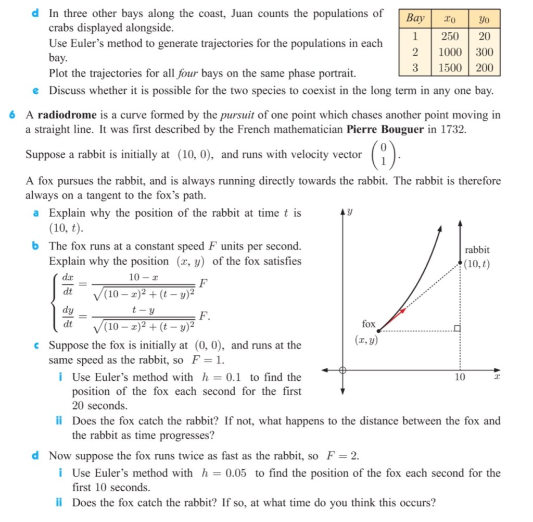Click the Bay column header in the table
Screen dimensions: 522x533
(x=415, y=19)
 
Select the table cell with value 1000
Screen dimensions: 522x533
(x=450, y=52)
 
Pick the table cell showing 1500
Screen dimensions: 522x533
(x=450, y=67)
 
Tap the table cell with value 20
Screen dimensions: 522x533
(x=484, y=36)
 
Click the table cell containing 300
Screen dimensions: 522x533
(x=484, y=52)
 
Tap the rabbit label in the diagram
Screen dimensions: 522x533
(x=477, y=250)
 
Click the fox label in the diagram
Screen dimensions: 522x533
(x=369, y=324)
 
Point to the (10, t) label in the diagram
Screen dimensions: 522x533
(x=477, y=264)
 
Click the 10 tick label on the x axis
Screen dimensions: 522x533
(x=460, y=377)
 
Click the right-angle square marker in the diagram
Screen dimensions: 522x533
(x=456, y=328)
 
